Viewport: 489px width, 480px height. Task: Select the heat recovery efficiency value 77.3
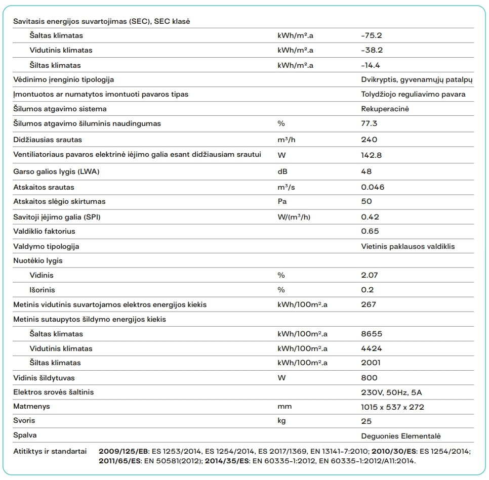(x=370, y=123)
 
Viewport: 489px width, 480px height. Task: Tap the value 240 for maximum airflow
(x=369, y=140)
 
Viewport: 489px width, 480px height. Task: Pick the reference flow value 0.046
(x=373, y=187)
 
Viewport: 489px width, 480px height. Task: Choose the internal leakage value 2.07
(x=370, y=275)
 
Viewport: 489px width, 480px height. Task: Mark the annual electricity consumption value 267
(x=369, y=304)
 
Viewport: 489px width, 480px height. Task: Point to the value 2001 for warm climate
(x=371, y=363)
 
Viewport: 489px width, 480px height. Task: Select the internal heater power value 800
(x=369, y=378)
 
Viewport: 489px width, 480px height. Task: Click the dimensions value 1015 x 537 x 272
(x=392, y=407)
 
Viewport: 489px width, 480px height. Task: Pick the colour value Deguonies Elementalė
(x=401, y=436)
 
